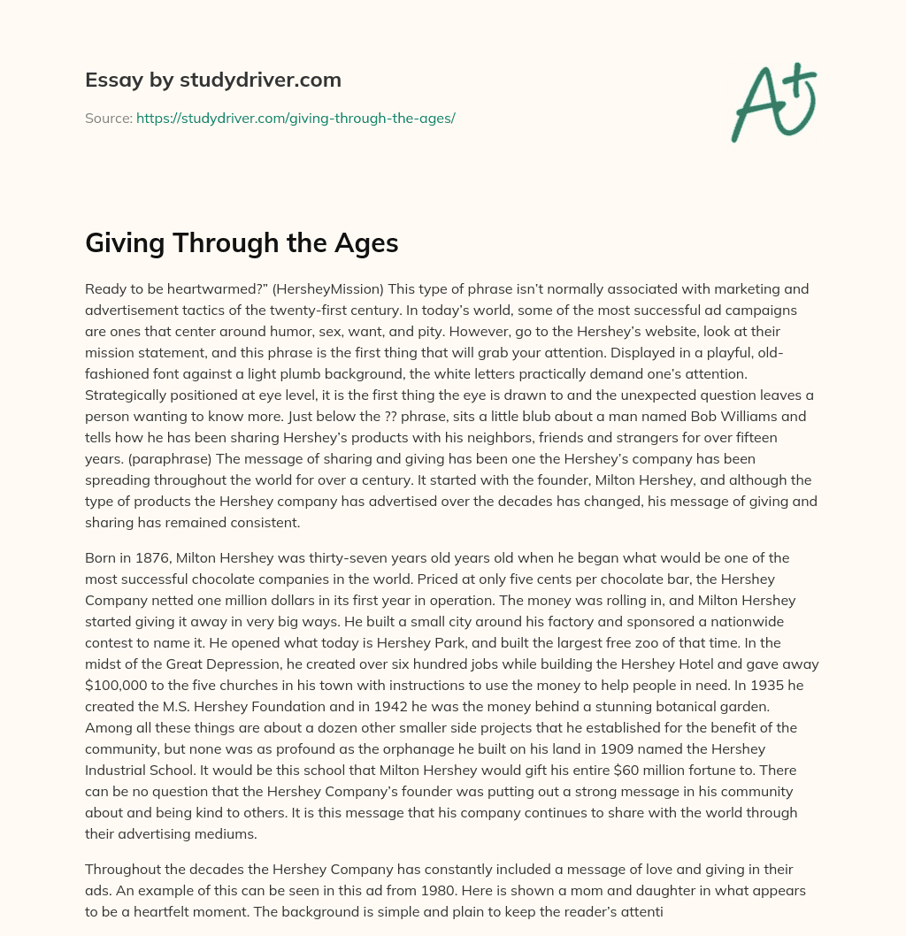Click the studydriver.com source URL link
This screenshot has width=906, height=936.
[x=296, y=118]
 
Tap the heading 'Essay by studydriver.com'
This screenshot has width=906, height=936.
[x=213, y=81]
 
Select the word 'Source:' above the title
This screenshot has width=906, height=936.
[x=109, y=118]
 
